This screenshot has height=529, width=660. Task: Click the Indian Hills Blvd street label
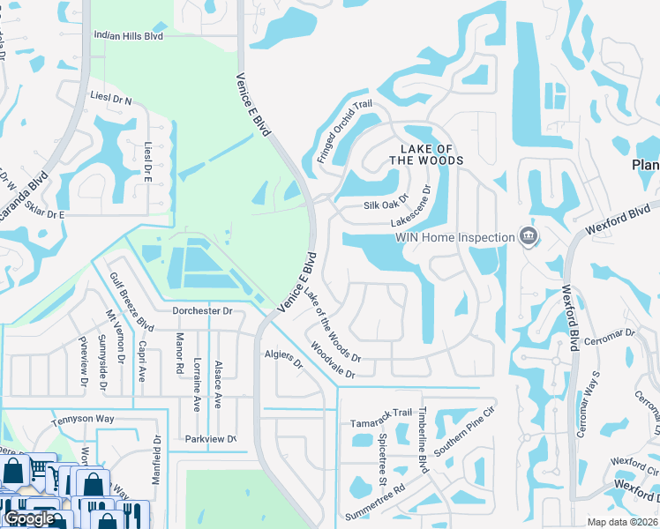pyautogui.click(x=129, y=36)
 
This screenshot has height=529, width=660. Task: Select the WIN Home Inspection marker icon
pyautogui.click(x=529, y=236)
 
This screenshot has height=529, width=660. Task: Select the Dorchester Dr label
pyautogui.click(x=201, y=310)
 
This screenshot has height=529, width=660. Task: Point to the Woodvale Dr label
pyautogui.click(x=331, y=362)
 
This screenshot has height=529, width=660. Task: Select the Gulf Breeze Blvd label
pyautogui.click(x=125, y=301)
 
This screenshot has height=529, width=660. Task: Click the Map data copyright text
pyautogui.click(x=623, y=522)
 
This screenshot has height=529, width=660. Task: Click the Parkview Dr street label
pyautogui.click(x=210, y=438)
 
